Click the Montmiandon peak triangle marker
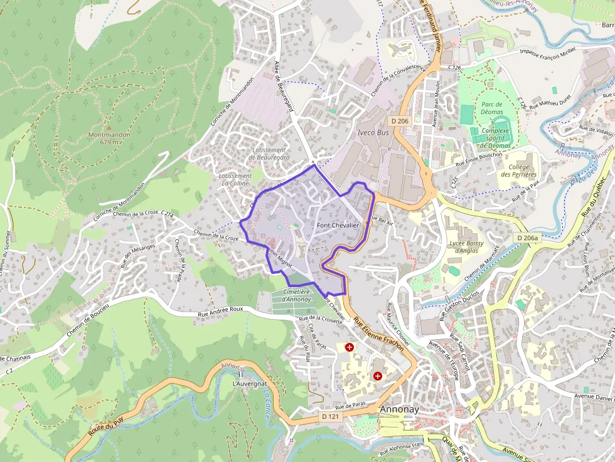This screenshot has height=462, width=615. point(109,127)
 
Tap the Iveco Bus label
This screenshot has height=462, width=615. point(373,133)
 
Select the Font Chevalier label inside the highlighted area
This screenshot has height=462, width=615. point(338,225)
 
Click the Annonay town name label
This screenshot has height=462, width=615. point(399,409)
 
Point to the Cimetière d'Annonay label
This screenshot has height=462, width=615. point(297,295)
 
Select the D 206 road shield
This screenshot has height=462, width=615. point(399,120)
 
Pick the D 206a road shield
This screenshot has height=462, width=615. point(529,238)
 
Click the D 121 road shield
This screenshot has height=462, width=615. point(330,416)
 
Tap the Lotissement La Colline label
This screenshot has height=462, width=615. point(235,180)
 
